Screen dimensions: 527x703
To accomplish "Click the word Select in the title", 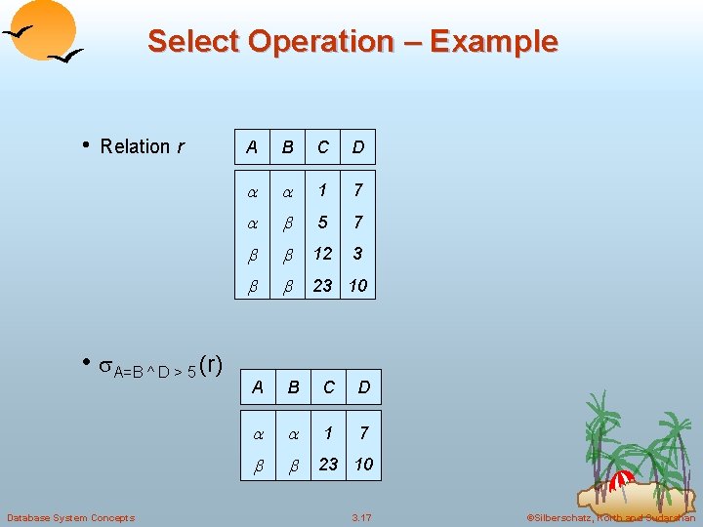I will click(193, 42).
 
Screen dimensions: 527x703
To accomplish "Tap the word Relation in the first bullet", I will click(135, 146).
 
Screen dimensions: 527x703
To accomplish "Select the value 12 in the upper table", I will click(322, 254).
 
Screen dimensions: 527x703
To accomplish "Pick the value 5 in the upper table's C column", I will click(322, 222).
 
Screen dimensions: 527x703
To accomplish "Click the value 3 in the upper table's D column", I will click(358, 254).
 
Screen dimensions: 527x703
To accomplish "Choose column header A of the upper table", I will click(252, 147).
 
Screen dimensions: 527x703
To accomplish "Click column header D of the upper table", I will click(358, 147).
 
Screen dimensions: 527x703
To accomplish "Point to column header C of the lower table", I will click(329, 387).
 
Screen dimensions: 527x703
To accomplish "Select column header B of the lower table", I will click(293, 387).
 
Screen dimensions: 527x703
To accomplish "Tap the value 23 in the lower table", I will click(329, 464).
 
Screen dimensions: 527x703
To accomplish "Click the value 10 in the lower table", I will click(363, 464).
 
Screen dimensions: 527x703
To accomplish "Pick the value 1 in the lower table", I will click(329, 431).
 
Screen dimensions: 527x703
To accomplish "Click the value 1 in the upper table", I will click(322, 189).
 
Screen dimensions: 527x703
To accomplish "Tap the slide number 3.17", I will click(361, 517).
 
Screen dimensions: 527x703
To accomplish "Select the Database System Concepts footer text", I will click(70, 517).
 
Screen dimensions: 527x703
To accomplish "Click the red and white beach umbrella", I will click(622, 480).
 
